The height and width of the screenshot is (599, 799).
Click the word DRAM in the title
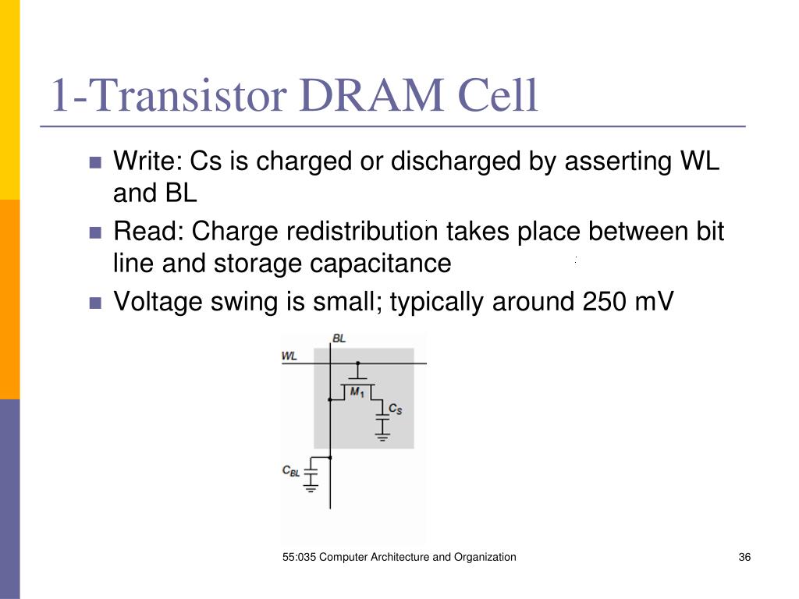pyautogui.click(x=371, y=95)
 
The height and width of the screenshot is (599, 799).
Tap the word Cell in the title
pyautogui.click(x=498, y=95)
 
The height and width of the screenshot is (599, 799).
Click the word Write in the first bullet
pyautogui.click(x=147, y=161)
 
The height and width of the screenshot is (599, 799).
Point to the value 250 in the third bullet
pyautogui.click(x=604, y=301)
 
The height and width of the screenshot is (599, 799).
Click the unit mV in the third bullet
pyautogui.click(x=655, y=301)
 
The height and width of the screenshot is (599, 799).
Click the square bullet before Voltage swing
pyautogui.click(x=95, y=303)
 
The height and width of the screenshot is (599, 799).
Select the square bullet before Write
pyautogui.click(x=95, y=162)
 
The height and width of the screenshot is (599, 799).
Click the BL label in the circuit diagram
pyautogui.click(x=339, y=338)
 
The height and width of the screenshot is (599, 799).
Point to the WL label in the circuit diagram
pyautogui.click(x=289, y=356)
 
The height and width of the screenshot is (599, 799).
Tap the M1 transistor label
pyautogui.click(x=357, y=392)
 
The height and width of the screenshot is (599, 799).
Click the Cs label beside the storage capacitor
pyautogui.click(x=396, y=409)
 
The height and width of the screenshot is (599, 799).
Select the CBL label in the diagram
pyautogui.click(x=291, y=470)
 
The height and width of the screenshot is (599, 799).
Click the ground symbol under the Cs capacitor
pyautogui.click(x=382, y=436)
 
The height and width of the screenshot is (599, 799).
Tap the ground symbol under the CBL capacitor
pyautogui.click(x=311, y=488)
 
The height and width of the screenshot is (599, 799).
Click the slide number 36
pyautogui.click(x=744, y=557)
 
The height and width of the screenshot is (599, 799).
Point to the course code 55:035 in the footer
pyautogui.click(x=299, y=557)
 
